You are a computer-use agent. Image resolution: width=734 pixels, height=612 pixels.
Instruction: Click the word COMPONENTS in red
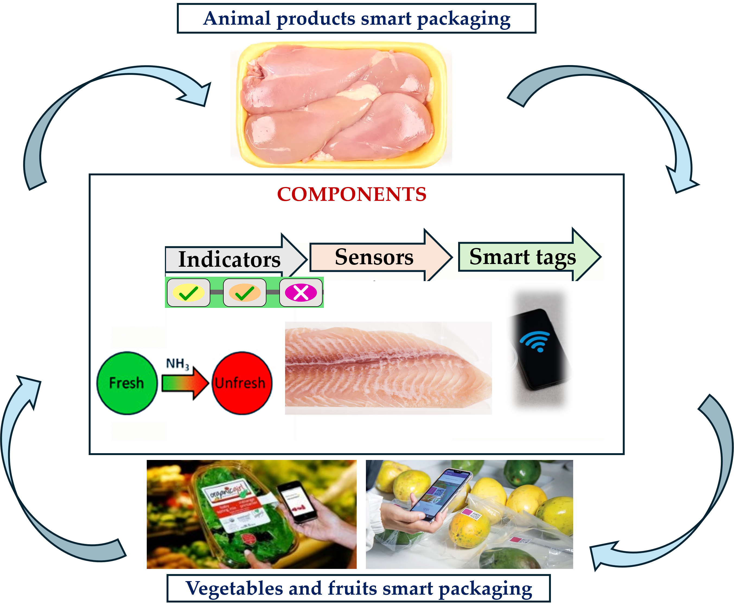point(352,194)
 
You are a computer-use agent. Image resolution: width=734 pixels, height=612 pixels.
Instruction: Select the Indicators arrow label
point(229,260)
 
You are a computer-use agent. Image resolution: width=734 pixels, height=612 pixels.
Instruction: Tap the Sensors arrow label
point(374,257)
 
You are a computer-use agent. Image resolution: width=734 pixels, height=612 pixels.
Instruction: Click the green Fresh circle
point(126,383)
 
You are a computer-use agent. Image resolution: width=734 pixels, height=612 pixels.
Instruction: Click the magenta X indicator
point(301,293)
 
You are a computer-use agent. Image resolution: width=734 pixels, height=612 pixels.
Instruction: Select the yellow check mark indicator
point(189,293)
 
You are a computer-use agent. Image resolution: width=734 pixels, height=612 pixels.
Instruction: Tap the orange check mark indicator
point(245,293)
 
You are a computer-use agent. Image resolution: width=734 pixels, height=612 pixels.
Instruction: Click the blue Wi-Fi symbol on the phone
point(535,341)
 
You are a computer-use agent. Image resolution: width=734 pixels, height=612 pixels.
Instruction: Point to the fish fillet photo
point(388,368)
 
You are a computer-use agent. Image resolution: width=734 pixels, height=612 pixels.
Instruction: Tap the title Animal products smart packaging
point(356,18)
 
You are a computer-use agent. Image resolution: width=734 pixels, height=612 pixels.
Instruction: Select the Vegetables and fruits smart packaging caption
point(359,588)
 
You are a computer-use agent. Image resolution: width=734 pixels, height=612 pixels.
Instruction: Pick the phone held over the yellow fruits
point(437,496)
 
